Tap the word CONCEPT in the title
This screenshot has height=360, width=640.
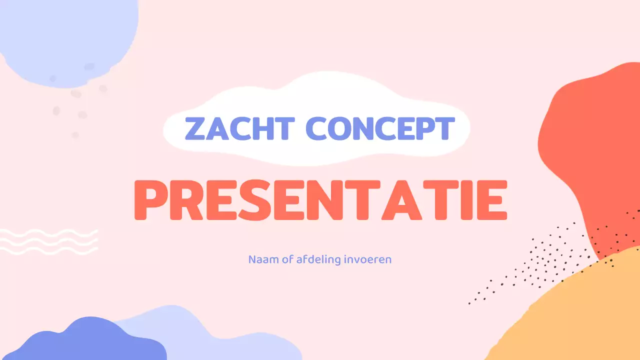pyautogui.click(x=380, y=128)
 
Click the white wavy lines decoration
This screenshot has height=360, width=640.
pyautogui.click(x=48, y=241)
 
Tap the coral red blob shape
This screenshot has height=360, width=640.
pyautogui.click(x=595, y=150)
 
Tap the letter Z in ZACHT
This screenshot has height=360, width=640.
pyautogui.click(x=196, y=128)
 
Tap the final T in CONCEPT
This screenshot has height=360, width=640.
pyautogui.click(x=443, y=128)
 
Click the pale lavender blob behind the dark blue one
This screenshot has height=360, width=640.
pyautogui.click(x=210, y=335)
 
